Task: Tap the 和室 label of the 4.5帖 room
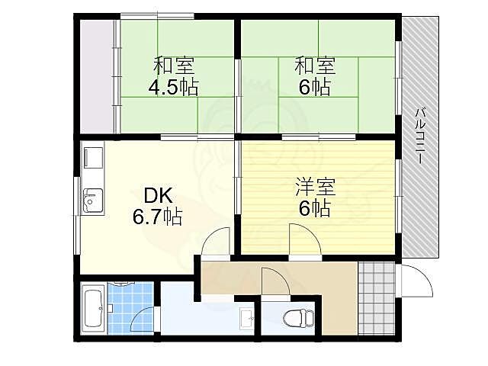[173, 66]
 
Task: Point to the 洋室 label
[315, 187]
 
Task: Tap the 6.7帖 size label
[158, 217]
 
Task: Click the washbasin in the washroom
[246, 318]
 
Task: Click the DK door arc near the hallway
[217, 242]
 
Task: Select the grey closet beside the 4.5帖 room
[97, 76]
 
